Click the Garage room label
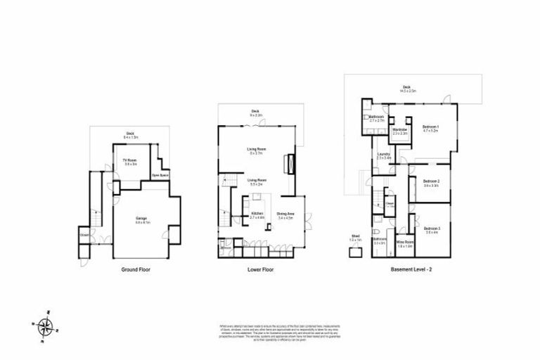pyautogui.click(x=141, y=219)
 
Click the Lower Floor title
pyautogui.click(x=260, y=269)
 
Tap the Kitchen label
pyautogui.click(x=257, y=215)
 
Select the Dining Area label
pyautogui.click(x=285, y=215)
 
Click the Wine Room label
pyautogui.click(x=404, y=243)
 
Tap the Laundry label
pyautogui.click(x=383, y=155)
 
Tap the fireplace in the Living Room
pyautogui.click(x=286, y=164)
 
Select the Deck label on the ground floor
pyautogui.click(x=130, y=134)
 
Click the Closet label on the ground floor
pyautogui.click(x=84, y=235)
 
